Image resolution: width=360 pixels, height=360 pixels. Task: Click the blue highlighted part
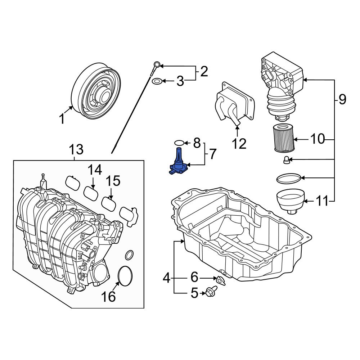pos(178,164)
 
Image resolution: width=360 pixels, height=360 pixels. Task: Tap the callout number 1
pos(62,118)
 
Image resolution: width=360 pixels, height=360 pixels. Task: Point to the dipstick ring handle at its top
pos(156,65)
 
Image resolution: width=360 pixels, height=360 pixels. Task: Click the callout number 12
pos(239,144)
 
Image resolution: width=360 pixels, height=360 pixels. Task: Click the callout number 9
pos(342,99)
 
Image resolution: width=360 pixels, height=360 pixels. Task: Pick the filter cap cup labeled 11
pos(290,201)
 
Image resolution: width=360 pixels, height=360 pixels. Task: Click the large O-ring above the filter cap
pos(288,177)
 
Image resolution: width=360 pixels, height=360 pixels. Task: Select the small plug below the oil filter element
pos(287,160)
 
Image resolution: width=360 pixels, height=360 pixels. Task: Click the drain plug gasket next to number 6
pos(220,279)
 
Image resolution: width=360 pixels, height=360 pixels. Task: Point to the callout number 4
pos(166,278)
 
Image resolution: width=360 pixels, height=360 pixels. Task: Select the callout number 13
pos(76,149)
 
